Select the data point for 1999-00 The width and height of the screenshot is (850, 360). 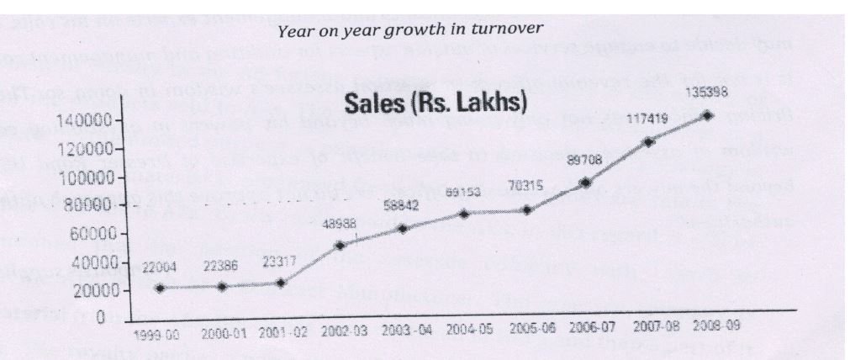coord(159,289)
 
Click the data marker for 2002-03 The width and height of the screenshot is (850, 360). coord(340,246)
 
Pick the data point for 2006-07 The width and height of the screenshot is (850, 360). coord(585,183)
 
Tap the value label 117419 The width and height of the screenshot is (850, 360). coord(647,121)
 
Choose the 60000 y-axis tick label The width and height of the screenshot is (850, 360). coord(86,235)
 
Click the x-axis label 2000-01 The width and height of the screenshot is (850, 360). coord(222,333)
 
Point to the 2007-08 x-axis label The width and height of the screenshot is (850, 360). coord(647,329)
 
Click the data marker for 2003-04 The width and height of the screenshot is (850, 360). coord(403,229)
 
